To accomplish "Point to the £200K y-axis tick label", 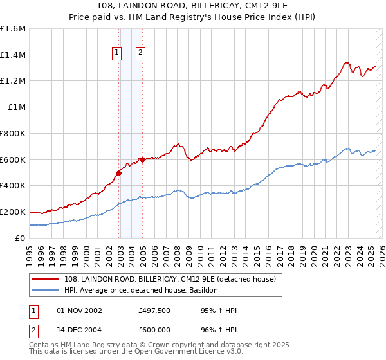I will click(x=14, y=212).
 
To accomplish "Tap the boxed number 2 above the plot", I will click(x=140, y=54).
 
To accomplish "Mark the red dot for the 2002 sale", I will click(x=119, y=173).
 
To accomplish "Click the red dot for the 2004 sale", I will click(x=142, y=159).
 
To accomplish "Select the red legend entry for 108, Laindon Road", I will click(x=170, y=279).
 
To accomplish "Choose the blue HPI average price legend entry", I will click(x=142, y=291).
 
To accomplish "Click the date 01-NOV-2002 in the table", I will click(x=79, y=310).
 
